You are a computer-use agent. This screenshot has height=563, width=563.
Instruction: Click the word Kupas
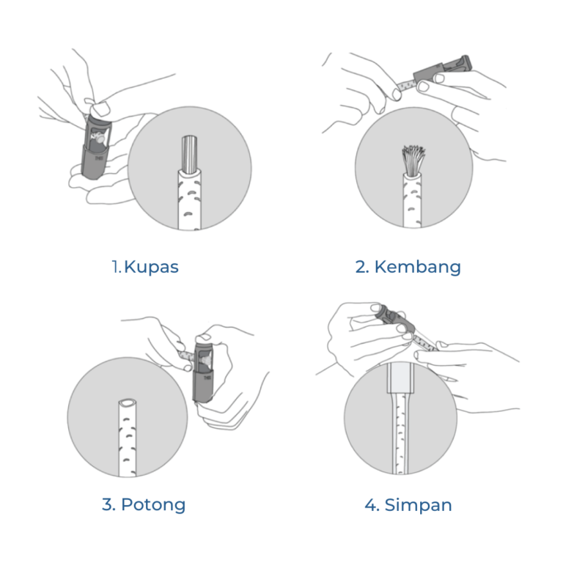[x=151, y=268]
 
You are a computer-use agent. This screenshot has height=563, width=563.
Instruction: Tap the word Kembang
[x=418, y=268]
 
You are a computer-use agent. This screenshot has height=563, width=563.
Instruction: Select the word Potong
[x=153, y=505]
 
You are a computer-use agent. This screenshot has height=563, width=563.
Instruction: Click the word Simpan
[x=418, y=505]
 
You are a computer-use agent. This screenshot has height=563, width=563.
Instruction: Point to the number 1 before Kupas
[x=116, y=267]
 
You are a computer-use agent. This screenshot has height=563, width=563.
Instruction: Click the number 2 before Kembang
[x=362, y=267]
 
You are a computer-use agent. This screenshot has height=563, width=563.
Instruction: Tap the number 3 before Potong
[x=108, y=504]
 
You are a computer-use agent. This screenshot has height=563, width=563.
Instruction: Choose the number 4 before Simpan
[x=371, y=505]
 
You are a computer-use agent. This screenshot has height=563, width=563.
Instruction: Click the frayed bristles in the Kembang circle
[x=413, y=161]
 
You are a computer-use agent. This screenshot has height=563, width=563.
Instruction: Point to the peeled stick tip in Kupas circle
[x=189, y=153]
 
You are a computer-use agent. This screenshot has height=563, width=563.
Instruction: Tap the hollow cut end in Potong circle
[x=128, y=402]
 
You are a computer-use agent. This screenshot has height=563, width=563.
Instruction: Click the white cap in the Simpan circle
[x=400, y=378]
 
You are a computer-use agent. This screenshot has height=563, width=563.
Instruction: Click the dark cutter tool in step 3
[x=203, y=372]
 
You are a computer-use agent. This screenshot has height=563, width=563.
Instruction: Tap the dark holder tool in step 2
[x=441, y=69]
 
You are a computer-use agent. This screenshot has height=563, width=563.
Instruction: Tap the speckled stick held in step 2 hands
[x=407, y=86]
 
